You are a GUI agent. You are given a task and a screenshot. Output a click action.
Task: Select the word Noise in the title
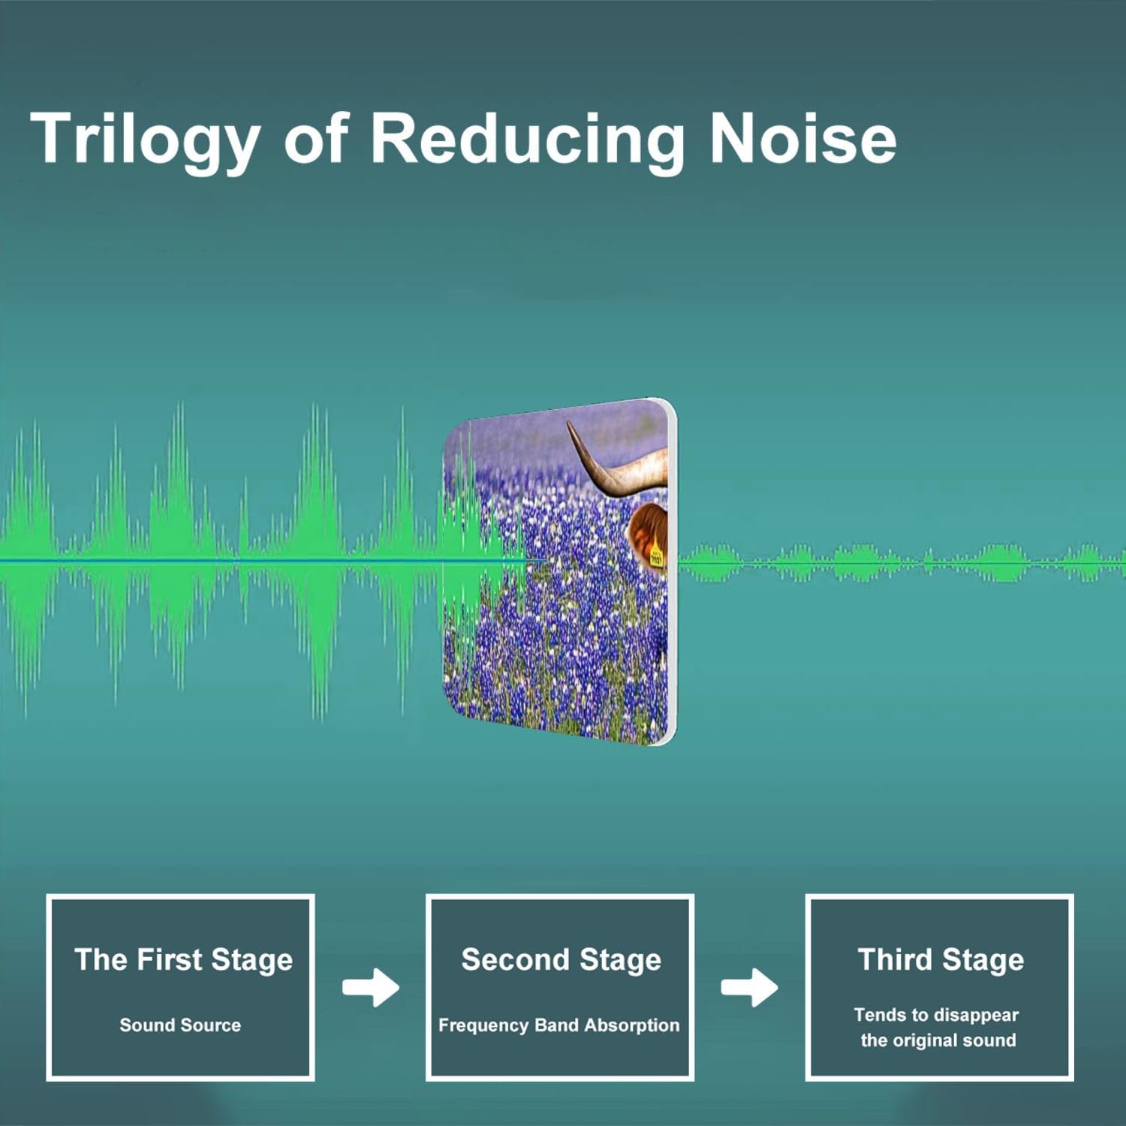(x=802, y=138)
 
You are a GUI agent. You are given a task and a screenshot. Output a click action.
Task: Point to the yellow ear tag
(x=657, y=553)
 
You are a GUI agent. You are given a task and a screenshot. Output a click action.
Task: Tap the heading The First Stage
(x=183, y=960)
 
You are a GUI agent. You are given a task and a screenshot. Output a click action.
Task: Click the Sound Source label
(x=180, y=1025)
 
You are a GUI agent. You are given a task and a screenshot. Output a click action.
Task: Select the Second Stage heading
(x=561, y=960)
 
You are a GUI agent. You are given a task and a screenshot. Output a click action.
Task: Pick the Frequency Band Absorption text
(x=558, y=1025)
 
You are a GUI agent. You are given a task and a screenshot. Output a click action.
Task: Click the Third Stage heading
(x=941, y=960)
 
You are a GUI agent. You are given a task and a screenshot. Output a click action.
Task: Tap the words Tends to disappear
(x=936, y=1016)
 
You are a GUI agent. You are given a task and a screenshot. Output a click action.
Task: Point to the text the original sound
(x=938, y=1040)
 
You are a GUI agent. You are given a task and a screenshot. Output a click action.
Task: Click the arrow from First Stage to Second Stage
(x=371, y=988)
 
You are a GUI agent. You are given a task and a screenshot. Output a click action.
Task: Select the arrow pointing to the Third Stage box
(x=749, y=988)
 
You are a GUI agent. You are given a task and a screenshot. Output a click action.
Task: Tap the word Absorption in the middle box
(x=632, y=1026)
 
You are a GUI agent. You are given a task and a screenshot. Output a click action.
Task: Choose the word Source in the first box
(x=212, y=1025)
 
